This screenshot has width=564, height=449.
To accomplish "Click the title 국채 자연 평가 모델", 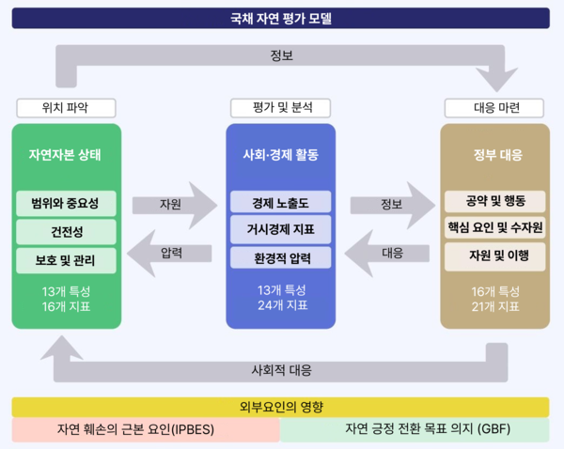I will click(x=281, y=17).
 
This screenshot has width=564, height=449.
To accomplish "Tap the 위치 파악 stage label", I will click(x=66, y=107).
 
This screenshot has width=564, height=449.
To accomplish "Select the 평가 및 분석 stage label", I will click(x=281, y=107).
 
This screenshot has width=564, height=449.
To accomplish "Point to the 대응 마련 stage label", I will click(x=495, y=107).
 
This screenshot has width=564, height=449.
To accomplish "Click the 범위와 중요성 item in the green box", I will click(x=66, y=203).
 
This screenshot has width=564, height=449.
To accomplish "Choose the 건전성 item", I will click(x=66, y=230).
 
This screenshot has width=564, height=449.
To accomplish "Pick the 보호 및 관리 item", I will click(x=66, y=258).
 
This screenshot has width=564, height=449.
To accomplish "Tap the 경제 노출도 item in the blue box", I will click(x=280, y=202).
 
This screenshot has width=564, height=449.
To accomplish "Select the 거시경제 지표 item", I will click(x=280, y=229).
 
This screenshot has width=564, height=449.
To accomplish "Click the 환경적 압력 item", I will click(x=280, y=256).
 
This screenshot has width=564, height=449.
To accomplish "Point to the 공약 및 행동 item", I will click(x=495, y=201).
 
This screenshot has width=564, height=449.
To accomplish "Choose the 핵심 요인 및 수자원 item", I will click(x=495, y=228).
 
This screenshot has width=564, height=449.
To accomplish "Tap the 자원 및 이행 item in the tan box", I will click(x=495, y=255).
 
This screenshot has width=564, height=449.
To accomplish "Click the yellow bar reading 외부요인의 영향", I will click(x=281, y=407).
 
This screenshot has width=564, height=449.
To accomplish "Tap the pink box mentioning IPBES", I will click(x=146, y=430).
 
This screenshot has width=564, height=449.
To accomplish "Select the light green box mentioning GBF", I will click(x=415, y=430).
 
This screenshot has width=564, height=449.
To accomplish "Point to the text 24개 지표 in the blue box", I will click(x=280, y=305).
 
